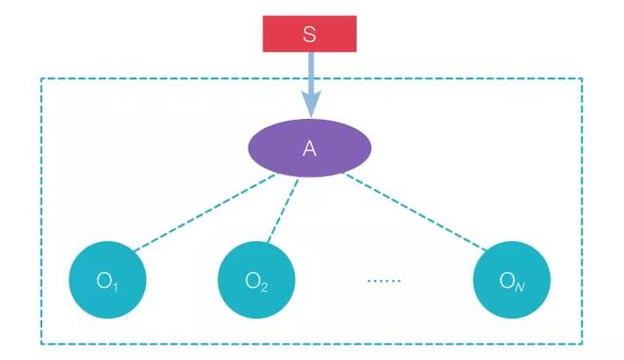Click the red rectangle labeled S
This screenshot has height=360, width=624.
pyautogui.click(x=309, y=35)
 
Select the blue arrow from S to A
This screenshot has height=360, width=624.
pyautogui.click(x=309, y=78)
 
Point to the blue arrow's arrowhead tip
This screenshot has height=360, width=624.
pyautogui.click(x=310, y=116)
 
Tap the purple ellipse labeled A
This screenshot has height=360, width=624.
pyautogui.click(x=309, y=148)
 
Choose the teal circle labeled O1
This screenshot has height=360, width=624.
pyautogui.click(x=107, y=282)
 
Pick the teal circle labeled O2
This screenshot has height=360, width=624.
pyautogui.click(x=256, y=282)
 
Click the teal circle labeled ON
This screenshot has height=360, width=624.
pyautogui.click(x=511, y=282)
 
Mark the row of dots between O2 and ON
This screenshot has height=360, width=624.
pyautogui.click(x=384, y=281)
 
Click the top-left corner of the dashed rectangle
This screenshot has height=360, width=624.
pyautogui.click(x=41, y=79)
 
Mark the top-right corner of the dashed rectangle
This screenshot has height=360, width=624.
pyautogui.click(x=582, y=79)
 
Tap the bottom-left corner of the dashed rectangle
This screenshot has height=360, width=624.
pyautogui.click(x=41, y=342)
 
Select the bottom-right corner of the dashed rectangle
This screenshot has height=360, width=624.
pyautogui.click(x=582, y=342)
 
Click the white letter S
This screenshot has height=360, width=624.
pyautogui.click(x=309, y=35)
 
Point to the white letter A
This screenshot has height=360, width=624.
pyautogui.click(x=309, y=148)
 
